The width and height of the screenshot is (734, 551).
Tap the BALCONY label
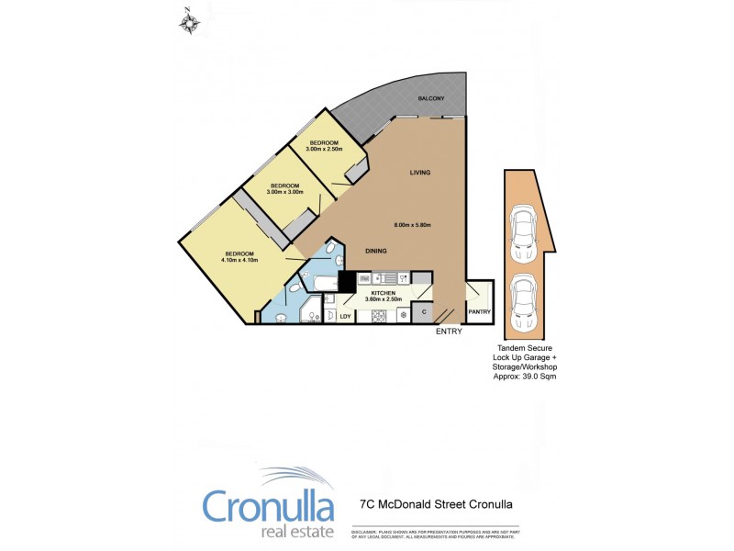(431, 98)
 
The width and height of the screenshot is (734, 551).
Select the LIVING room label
(419, 173)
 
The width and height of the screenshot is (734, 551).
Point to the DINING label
(375, 251)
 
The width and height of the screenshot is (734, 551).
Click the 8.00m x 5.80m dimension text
(412, 225)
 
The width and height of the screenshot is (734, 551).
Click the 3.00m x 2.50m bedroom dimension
(324, 149)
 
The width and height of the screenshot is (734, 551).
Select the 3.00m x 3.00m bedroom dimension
(284, 192)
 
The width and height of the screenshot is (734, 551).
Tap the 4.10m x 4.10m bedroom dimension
(239, 259)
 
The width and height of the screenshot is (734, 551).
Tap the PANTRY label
(480, 311)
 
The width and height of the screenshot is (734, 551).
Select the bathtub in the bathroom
(322, 285)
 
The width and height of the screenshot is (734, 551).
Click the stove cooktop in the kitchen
(377, 315)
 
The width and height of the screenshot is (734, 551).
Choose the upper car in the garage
(524, 230)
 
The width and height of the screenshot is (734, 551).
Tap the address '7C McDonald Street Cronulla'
(434, 504)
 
